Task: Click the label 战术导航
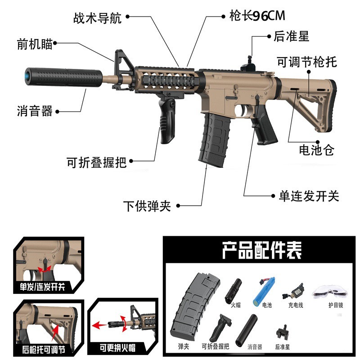pos(98,18)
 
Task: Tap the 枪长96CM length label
pos(256,16)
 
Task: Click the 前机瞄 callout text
pos(35,44)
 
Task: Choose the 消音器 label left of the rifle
pos(35,111)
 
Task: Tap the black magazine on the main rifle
pos(216,139)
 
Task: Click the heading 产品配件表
pos(261,250)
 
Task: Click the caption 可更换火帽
pos(118,348)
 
